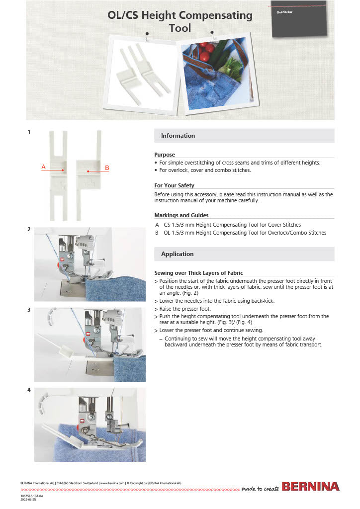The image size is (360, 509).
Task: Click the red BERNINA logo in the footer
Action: [310, 487]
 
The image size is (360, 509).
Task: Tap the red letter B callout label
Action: [107, 168]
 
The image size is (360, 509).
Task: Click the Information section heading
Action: [178, 136]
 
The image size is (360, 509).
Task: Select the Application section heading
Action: [177, 254]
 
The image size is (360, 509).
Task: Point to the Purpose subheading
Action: [164, 155]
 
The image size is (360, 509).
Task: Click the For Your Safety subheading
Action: [174, 185]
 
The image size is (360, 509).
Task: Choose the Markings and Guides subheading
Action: [181, 215]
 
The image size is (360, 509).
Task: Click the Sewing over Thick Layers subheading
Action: [198, 273]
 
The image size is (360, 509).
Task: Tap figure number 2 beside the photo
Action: [29, 229]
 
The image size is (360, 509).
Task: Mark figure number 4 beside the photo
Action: [29, 390]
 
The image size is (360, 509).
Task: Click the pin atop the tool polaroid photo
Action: [147, 34]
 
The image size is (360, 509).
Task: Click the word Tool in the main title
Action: [180, 28]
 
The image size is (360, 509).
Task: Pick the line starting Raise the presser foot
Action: [185, 308]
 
